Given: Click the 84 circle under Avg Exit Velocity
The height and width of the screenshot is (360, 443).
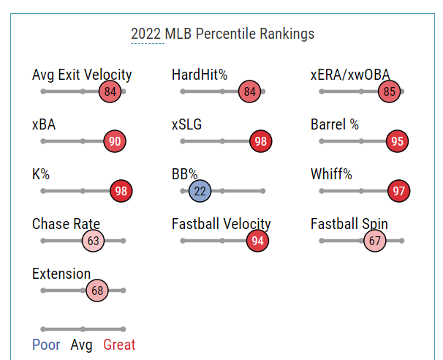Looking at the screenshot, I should tap(110, 91).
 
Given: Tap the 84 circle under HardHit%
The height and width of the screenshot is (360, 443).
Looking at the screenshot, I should tap(249, 91).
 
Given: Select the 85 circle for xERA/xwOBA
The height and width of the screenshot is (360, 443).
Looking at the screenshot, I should tap(389, 91).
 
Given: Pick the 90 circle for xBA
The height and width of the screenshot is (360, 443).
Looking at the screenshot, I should tap(114, 141).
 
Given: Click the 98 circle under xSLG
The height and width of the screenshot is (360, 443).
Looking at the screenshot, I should tap(260, 141).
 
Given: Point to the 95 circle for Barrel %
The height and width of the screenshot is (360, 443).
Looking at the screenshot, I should tap(397, 141).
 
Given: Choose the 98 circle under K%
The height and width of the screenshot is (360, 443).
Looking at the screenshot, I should tap(121, 191).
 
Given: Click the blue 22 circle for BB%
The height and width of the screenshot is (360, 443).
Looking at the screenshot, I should tap(200, 191).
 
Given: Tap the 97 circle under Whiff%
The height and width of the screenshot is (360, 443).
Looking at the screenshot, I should tap(398, 191).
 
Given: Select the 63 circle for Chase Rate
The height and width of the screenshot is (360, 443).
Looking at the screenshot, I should tap(93, 241).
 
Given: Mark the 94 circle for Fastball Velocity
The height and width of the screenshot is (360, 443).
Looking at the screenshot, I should tap(257, 241).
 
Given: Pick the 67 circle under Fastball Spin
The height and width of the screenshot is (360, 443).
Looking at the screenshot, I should tap(375, 241).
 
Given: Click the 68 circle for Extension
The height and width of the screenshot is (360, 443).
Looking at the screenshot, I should tap(96, 290).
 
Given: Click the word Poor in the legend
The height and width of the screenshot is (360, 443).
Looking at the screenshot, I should tap(46, 345).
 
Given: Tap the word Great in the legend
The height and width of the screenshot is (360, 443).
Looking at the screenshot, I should tap(119, 345).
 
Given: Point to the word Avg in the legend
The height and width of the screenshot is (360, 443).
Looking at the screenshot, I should tap(81, 345).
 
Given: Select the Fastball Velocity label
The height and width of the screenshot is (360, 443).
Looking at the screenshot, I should tap(221, 224).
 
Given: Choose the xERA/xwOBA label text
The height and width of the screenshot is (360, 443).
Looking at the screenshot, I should tap(349, 75).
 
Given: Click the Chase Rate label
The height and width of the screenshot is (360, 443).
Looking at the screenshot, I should tap(66, 224).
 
